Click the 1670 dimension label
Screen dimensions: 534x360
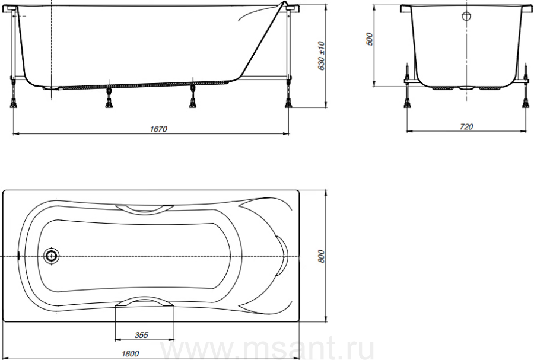[x=158, y=129]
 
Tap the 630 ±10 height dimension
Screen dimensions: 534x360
[x=321, y=56]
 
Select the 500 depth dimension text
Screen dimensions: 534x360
[x=370, y=40]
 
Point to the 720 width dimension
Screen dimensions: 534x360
[x=466, y=126]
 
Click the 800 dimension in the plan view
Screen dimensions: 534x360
[x=321, y=256]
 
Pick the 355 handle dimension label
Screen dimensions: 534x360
[x=141, y=335]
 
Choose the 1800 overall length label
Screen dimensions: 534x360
[x=130, y=354]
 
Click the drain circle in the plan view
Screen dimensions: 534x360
[x=52, y=255]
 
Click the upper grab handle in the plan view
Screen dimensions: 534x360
[x=144, y=209]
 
